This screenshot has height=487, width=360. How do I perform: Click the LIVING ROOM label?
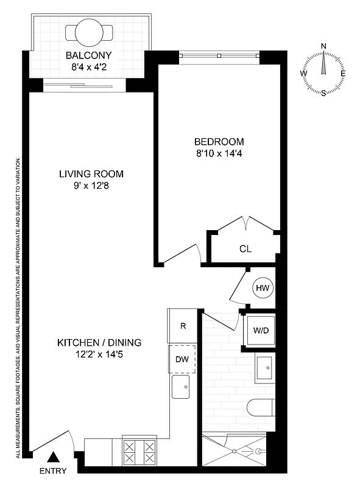coord(95,174)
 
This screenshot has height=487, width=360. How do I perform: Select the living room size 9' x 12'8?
coord(95,186)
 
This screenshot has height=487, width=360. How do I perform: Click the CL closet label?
coord(245,249)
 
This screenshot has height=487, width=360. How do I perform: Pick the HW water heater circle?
coord(263,288)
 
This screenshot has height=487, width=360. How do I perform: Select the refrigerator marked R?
coord(183,326)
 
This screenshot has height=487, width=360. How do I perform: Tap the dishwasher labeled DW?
coord(182,359)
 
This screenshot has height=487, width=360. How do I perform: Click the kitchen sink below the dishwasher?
coord(182,387)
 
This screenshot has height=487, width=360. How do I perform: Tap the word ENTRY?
coord(54,471)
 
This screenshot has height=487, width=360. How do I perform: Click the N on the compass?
coord(323,46)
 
